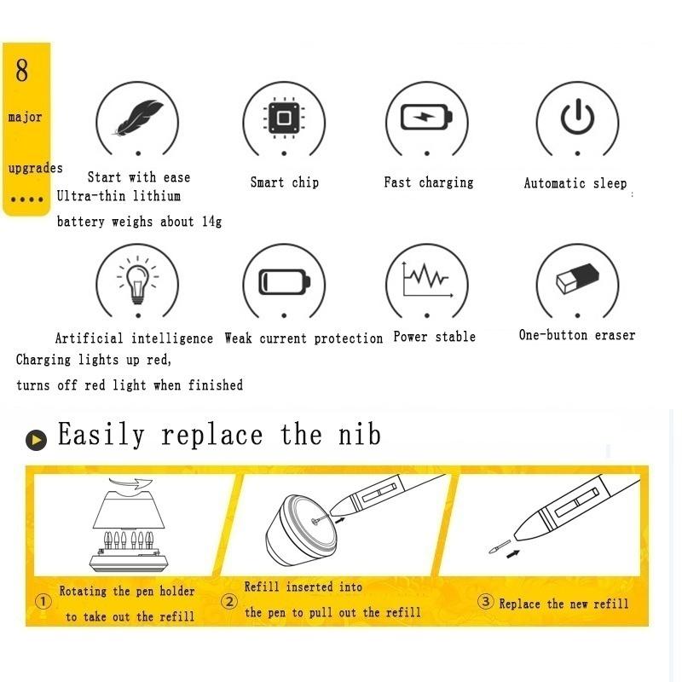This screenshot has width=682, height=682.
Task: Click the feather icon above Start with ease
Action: point(138,118)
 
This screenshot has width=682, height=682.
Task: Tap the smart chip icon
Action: point(284,118)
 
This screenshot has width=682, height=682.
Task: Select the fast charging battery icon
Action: point(427,117)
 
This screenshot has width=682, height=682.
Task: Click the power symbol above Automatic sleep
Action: point(577,117)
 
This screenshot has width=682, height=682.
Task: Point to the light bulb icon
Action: point(138,280)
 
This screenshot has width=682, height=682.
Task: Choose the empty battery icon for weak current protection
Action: point(285,282)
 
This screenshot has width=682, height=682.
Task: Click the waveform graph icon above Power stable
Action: point(428,279)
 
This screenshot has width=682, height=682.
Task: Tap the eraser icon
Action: point(578,279)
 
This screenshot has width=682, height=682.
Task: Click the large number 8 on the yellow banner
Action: point(22,71)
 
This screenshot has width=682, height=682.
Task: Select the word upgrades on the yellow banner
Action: point(36,168)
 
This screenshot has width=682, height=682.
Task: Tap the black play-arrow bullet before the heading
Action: point(36,440)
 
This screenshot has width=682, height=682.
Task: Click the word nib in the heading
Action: point(360,434)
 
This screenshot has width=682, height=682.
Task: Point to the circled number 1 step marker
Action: point(43,602)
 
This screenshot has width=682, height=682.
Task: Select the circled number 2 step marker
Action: point(229,602)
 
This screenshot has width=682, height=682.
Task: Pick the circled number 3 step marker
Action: point(485,602)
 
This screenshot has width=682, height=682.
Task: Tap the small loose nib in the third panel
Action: point(500,546)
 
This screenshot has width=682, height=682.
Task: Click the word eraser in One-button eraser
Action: point(615,335)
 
